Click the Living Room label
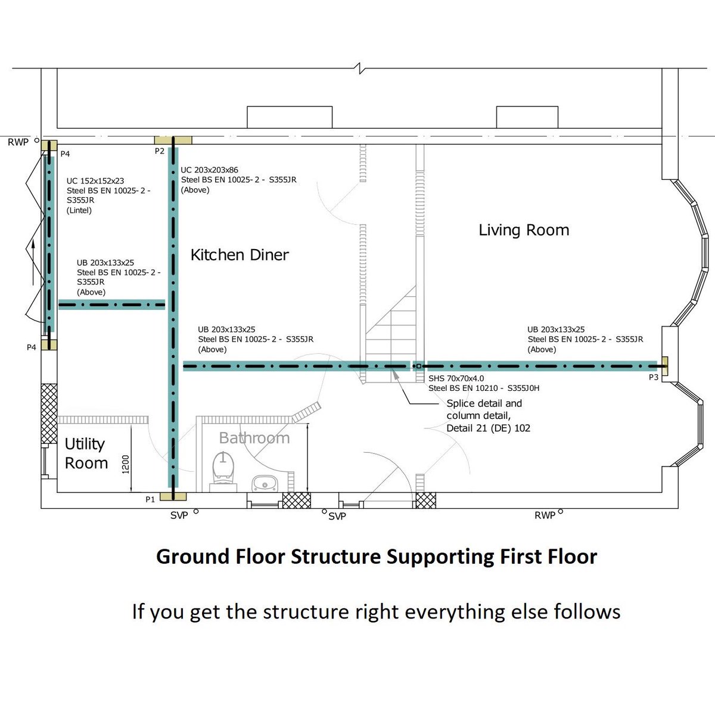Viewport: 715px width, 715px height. (524, 230)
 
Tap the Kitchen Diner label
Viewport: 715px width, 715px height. (240, 255)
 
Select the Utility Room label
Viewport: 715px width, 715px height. (86, 453)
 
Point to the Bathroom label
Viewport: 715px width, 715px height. (254, 438)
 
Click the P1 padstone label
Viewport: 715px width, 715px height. (150, 499)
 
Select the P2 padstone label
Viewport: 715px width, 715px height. (160, 151)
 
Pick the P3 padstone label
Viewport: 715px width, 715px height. (654, 377)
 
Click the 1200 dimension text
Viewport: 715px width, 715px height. (126, 464)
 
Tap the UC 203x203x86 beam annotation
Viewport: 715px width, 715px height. (238, 180)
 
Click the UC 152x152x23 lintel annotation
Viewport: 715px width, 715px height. (108, 195)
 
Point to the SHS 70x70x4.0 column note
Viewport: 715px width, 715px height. (484, 383)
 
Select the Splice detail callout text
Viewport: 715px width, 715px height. (489, 415)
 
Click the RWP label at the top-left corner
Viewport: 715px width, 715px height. (18, 142)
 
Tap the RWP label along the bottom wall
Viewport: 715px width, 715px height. (545, 515)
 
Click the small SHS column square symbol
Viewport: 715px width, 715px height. (419, 366)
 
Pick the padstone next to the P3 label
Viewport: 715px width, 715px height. (666, 366)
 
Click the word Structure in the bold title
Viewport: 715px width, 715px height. (335, 557)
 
